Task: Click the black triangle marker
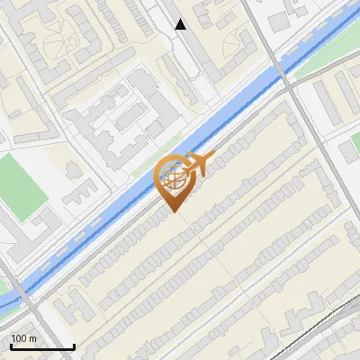(181, 24)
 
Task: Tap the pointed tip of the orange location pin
(171, 211)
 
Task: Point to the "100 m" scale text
(24, 338)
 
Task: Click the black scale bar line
(41, 346)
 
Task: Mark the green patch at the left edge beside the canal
(7, 297)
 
